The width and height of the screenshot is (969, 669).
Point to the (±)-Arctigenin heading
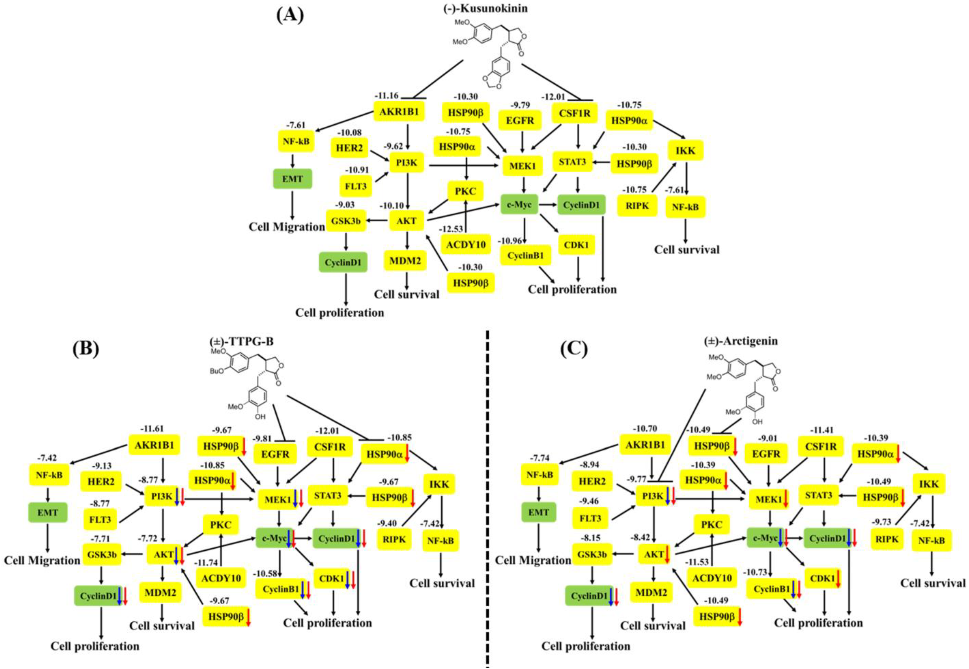[741, 341]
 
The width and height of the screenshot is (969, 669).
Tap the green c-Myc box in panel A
[519, 205]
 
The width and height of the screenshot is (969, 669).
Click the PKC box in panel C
[711, 524]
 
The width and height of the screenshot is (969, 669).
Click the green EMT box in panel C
[538, 512]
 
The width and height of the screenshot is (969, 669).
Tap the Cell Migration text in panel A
[286, 227]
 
